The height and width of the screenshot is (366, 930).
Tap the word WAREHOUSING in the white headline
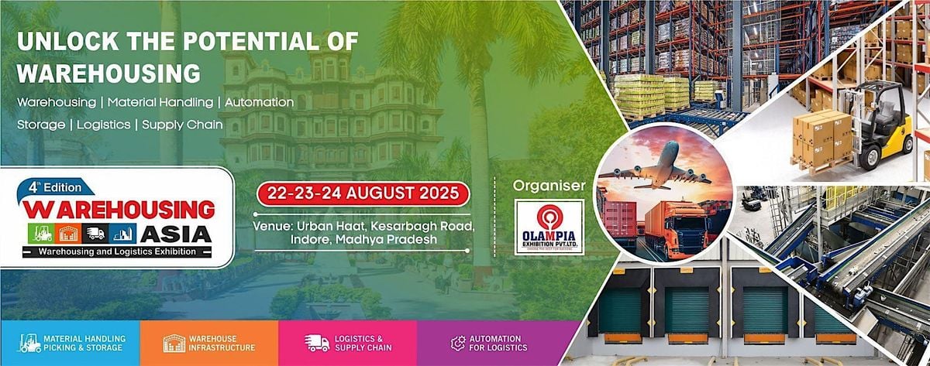pyautogui.click(x=108, y=73)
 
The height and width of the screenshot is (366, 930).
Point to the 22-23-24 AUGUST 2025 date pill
pyautogui.click(x=364, y=192)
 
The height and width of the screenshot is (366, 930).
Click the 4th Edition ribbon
pyautogui.click(x=60, y=186)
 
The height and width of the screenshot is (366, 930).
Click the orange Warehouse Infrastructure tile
pyautogui.click(x=209, y=343)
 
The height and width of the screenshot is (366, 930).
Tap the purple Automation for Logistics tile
pyautogui.click(x=496, y=343)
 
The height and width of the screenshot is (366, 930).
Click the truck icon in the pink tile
pyautogui.click(x=315, y=343)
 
